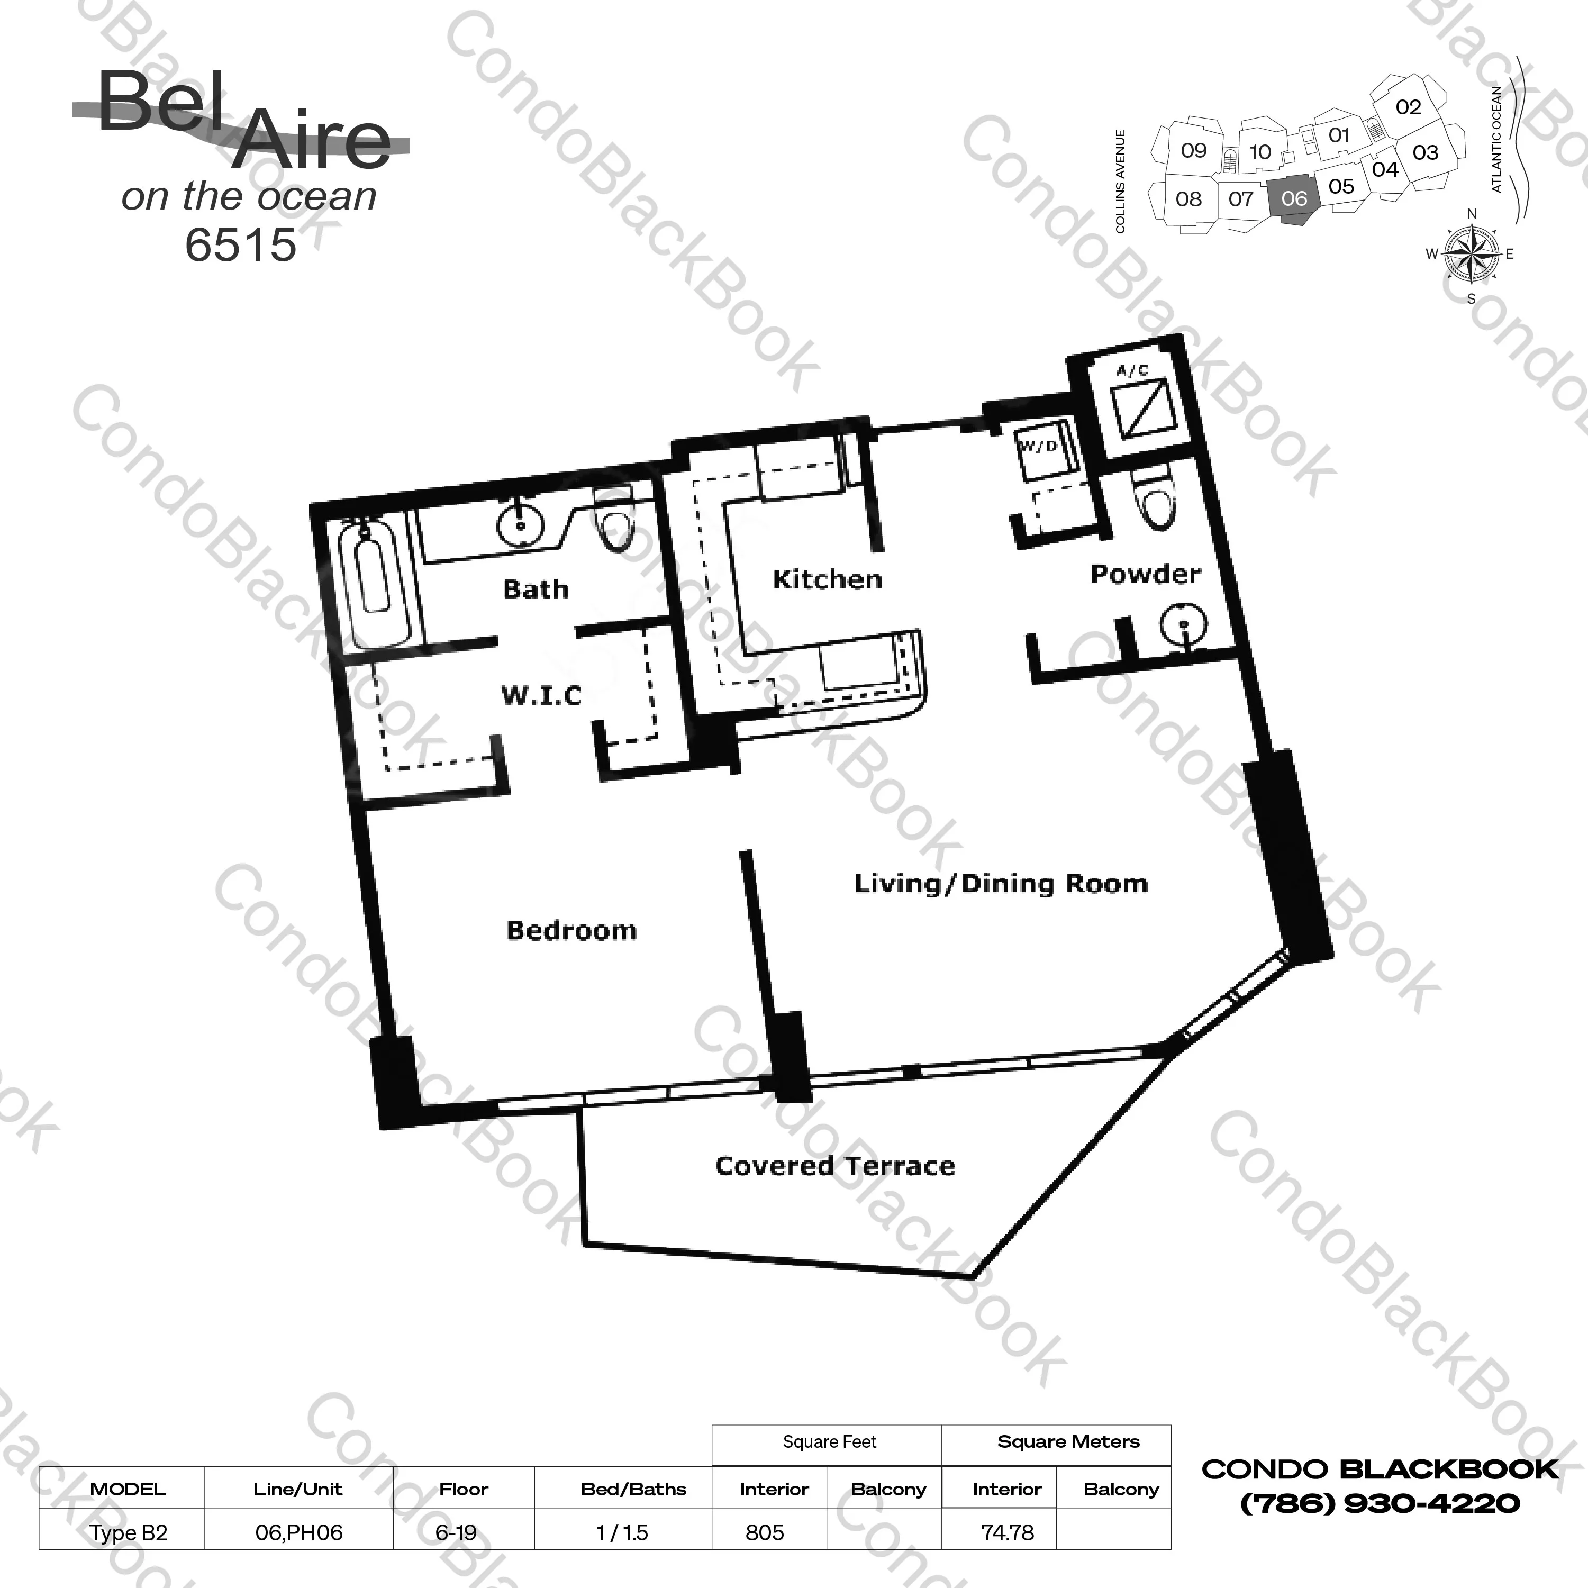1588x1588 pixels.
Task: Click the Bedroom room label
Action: point(571,930)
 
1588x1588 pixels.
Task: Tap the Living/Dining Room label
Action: point(1001,884)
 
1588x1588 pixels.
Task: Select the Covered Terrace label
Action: point(835,1166)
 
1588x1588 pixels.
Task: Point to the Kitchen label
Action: point(827,579)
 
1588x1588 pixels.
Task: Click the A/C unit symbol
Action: point(1140,409)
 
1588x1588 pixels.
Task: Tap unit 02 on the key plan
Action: point(1408,107)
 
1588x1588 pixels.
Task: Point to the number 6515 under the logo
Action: point(240,245)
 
